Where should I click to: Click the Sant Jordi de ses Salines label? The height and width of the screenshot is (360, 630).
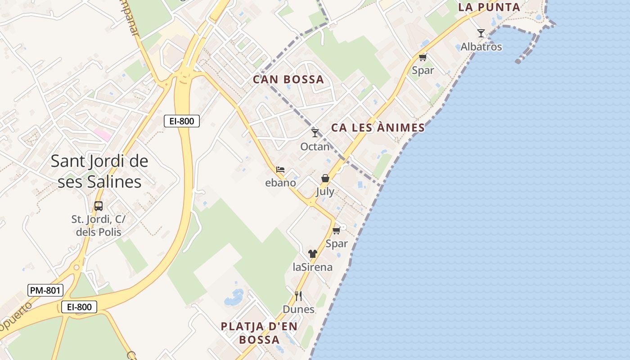pos(99,171)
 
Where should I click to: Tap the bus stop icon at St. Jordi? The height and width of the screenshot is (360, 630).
pos(99,206)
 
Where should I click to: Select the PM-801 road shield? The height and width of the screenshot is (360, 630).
pos(45,290)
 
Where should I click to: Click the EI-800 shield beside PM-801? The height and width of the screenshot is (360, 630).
pos(79,307)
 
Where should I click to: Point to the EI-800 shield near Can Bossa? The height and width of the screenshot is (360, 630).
pos(181,121)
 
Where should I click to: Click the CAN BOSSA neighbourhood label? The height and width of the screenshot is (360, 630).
pos(288,80)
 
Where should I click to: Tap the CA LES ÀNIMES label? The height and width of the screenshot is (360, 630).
pos(378,128)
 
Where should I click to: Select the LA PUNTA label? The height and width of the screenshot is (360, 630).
pos(489,7)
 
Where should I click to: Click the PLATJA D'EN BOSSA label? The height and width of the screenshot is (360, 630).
pos(259,333)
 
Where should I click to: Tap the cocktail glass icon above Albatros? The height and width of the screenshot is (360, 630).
pos(481,33)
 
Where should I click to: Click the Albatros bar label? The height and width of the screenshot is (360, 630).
pos(481,47)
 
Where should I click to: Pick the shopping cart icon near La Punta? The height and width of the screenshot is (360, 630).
pos(423,57)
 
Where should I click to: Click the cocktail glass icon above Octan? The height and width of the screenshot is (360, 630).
pos(315,133)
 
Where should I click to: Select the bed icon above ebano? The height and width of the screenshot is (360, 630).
pos(280,170)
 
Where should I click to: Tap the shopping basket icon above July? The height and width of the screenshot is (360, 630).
pos(325,178)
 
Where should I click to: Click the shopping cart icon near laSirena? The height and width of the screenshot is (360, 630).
pos(336,231)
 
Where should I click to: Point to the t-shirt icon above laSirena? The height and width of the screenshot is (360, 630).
pos(313,254)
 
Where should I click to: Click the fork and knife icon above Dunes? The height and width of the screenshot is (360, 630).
pos(298,296)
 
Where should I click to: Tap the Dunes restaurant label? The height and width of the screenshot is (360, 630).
pos(298,309)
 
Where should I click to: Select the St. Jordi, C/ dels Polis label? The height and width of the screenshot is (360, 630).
pos(99,225)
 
